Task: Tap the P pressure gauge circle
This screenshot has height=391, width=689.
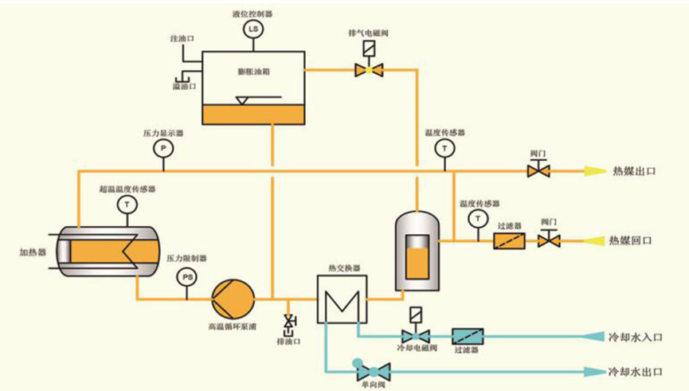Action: pos(162,148)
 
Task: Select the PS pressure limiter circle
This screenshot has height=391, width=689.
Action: pos(187,276)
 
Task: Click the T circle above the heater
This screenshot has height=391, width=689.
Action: pos(127,205)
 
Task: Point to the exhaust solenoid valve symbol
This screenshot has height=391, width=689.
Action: pos(369,70)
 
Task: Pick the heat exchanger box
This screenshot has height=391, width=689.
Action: pos(339,299)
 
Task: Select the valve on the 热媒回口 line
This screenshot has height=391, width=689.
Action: pos(548,240)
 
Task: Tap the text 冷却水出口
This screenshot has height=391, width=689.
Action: pos(635,372)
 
